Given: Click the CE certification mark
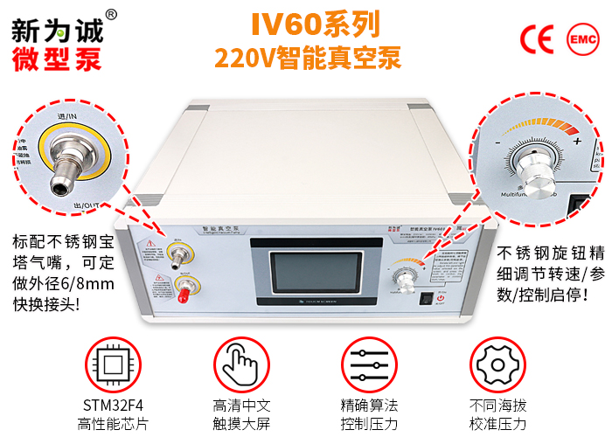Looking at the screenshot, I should (537, 39).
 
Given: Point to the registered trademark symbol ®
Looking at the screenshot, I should (111, 15).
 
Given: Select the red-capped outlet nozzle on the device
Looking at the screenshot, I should (184, 288).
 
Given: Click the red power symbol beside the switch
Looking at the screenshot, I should (442, 298).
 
